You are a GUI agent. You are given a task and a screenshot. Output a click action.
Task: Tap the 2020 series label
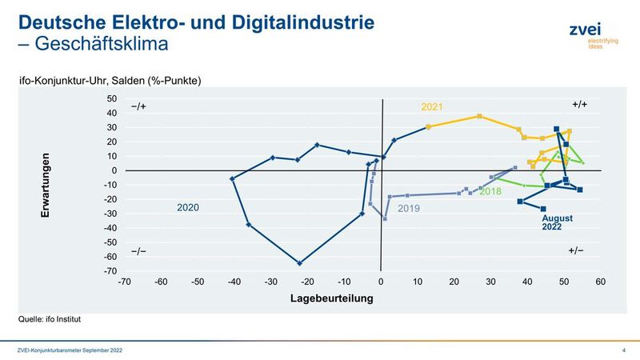[188, 208]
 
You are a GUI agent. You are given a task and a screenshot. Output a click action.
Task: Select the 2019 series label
[408, 208]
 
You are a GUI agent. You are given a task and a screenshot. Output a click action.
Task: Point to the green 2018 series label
[490, 191]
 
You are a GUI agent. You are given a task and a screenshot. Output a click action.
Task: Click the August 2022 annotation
[558, 222]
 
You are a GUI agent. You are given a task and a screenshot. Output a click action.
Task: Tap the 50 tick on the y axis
[112, 99]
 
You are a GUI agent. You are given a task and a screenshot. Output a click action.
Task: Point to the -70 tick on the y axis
[110, 271]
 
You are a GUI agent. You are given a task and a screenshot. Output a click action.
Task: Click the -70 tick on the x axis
[124, 282]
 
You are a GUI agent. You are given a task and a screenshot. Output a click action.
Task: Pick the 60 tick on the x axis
[600, 282]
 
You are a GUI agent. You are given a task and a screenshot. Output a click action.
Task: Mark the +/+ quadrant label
[580, 105]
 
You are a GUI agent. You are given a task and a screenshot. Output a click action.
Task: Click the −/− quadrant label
[138, 251]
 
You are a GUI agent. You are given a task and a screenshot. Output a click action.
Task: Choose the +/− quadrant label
[575, 251]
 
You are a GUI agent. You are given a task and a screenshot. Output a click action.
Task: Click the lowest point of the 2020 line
[299, 263]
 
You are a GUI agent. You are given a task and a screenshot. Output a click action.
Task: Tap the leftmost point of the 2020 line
[232, 179]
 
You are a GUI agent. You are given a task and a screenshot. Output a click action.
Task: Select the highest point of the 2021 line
[479, 116]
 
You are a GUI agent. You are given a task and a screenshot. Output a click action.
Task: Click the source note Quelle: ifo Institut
[50, 319]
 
